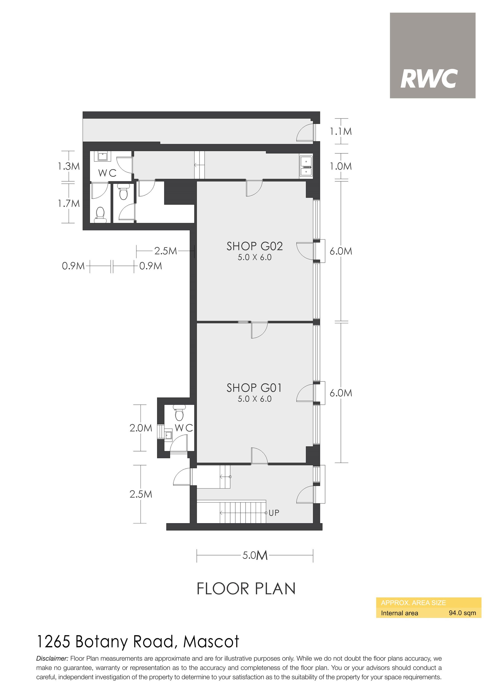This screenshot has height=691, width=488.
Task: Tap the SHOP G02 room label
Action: (254, 246)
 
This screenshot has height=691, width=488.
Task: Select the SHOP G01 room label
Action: (254, 388)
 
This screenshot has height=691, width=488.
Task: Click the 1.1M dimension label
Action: (341, 131)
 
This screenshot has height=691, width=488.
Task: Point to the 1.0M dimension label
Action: (341, 166)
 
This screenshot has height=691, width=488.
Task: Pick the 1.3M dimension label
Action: (69, 166)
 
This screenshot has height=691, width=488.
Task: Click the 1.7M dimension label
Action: (69, 203)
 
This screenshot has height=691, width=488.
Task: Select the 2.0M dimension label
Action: (141, 428)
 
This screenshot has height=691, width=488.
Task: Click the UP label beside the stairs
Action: (274, 512)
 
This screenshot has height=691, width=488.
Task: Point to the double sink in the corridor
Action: (306, 166)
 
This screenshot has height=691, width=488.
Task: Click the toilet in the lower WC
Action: (180, 412)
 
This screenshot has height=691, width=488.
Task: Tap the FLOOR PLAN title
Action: (246, 589)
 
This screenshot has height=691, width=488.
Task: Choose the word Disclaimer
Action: (52, 658)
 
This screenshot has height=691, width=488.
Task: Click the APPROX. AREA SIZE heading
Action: (413, 603)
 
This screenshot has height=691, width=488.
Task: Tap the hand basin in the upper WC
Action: (103, 156)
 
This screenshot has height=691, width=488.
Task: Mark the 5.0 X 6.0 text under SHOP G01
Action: (254, 399)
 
